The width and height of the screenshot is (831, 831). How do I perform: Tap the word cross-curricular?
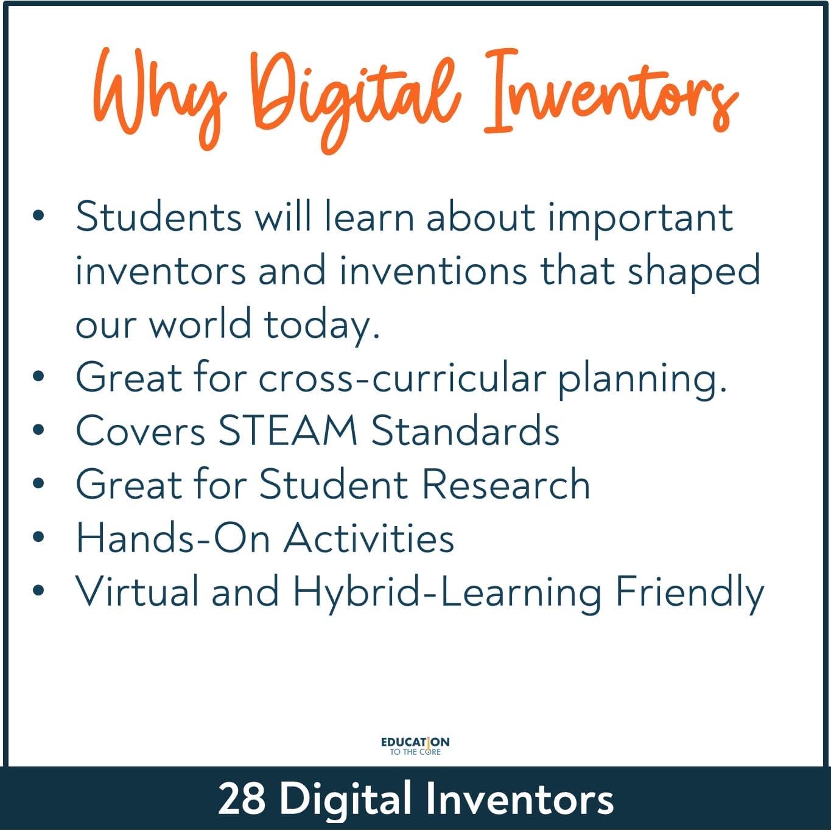click(x=402, y=378)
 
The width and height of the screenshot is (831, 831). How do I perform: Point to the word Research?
click(x=505, y=483)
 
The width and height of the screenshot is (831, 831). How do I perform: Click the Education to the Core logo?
click(x=415, y=746)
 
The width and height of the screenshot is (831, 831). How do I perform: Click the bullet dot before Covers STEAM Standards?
click(x=38, y=430)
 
